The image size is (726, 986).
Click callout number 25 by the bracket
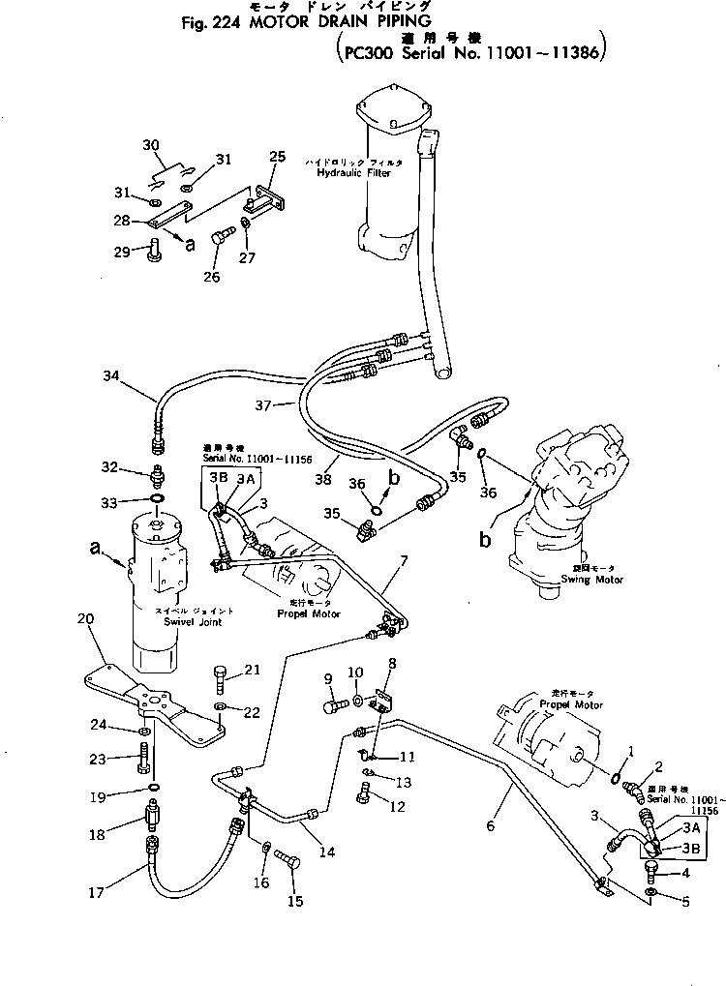tap(277, 157)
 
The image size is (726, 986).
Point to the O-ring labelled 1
tap(615, 775)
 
